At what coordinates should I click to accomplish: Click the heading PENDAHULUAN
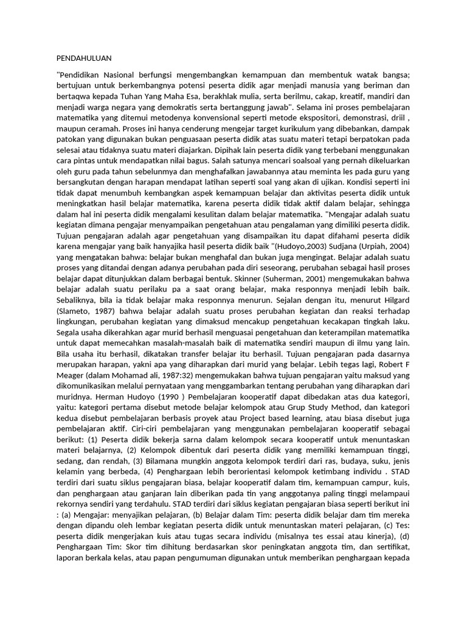84,58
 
